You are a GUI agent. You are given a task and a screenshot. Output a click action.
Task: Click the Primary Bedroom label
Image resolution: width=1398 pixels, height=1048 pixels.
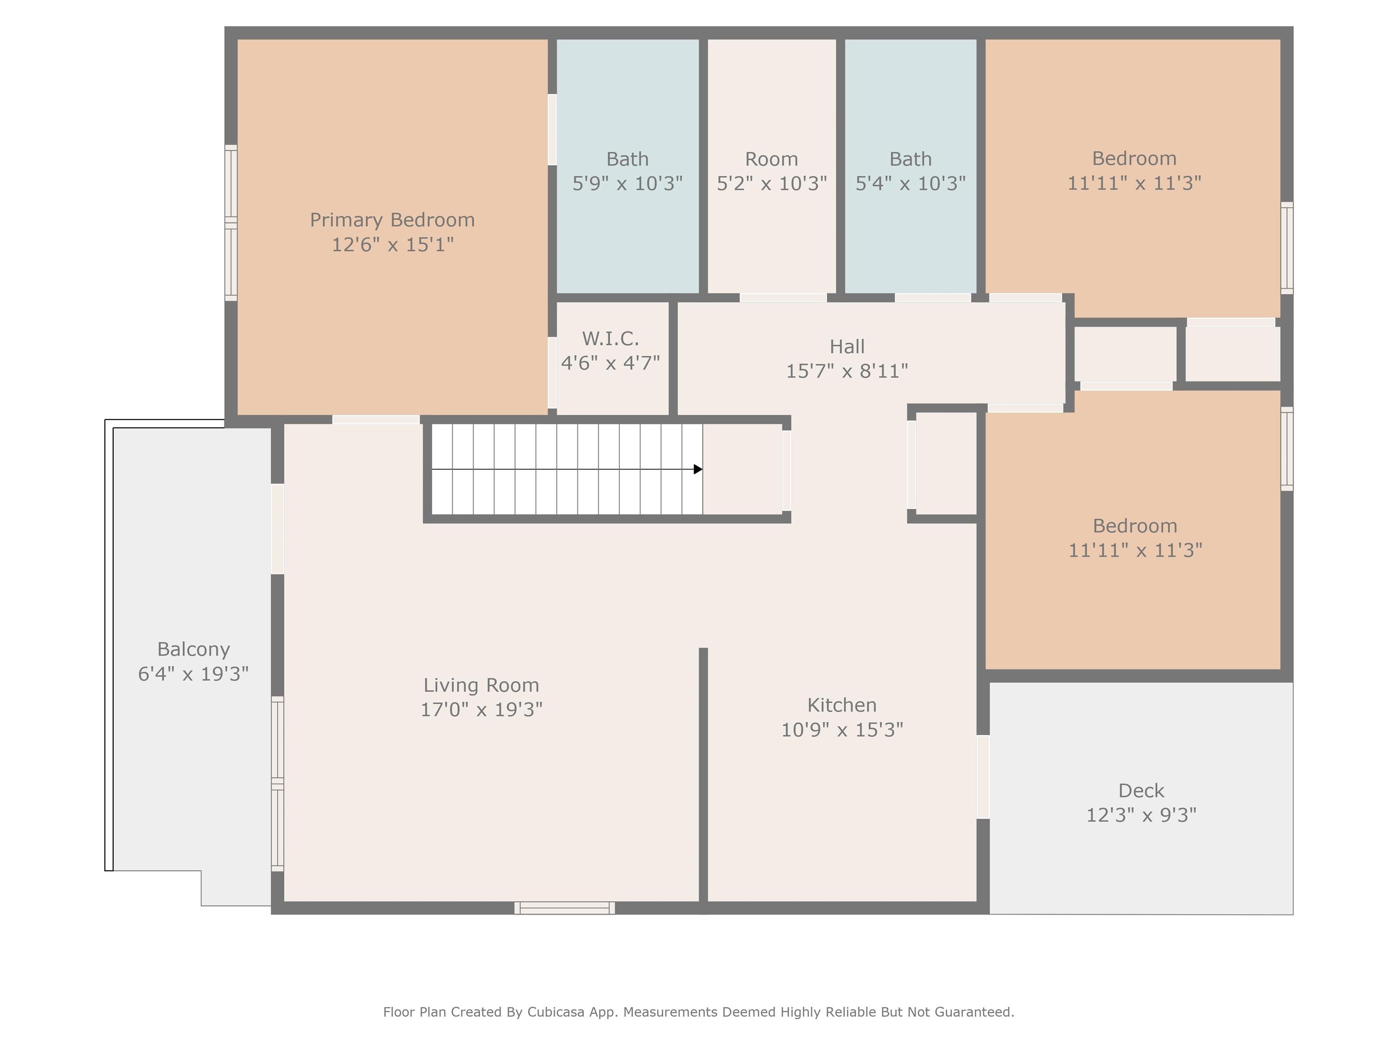point(392,220)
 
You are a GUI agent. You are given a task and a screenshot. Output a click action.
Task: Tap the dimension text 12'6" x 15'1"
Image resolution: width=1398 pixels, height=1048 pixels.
point(392,244)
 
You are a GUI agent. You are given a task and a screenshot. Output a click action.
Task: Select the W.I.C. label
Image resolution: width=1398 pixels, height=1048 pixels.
point(611,338)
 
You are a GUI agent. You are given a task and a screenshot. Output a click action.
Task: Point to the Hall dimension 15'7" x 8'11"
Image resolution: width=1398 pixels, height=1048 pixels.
point(847,371)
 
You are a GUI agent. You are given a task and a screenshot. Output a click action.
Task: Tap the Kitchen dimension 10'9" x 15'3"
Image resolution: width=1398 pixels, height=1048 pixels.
point(842,730)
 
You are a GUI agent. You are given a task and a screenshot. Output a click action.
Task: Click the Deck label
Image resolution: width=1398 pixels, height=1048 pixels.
point(1141,790)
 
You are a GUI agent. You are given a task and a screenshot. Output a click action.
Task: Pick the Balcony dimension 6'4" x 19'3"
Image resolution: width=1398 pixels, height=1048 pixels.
point(193,674)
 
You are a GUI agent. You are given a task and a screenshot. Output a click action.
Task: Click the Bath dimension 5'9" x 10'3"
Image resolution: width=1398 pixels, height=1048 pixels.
point(628,183)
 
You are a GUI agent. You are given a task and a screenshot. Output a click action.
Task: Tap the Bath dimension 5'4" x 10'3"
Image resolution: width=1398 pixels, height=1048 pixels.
point(911,183)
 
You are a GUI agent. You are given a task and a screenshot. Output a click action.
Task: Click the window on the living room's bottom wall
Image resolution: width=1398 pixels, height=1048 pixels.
point(564,908)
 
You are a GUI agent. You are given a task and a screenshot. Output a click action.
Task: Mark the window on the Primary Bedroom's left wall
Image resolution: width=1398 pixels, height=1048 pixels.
point(231,222)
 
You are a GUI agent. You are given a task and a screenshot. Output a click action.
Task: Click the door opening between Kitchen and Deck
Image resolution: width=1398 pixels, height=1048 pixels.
point(983,776)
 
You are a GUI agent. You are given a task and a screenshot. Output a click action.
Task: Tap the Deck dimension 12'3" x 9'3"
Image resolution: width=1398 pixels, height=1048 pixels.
point(1141,815)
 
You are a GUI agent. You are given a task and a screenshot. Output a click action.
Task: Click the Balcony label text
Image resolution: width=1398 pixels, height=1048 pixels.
point(193,650)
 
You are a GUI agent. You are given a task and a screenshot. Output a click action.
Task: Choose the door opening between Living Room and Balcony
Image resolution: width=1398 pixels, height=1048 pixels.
point(278,529)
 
